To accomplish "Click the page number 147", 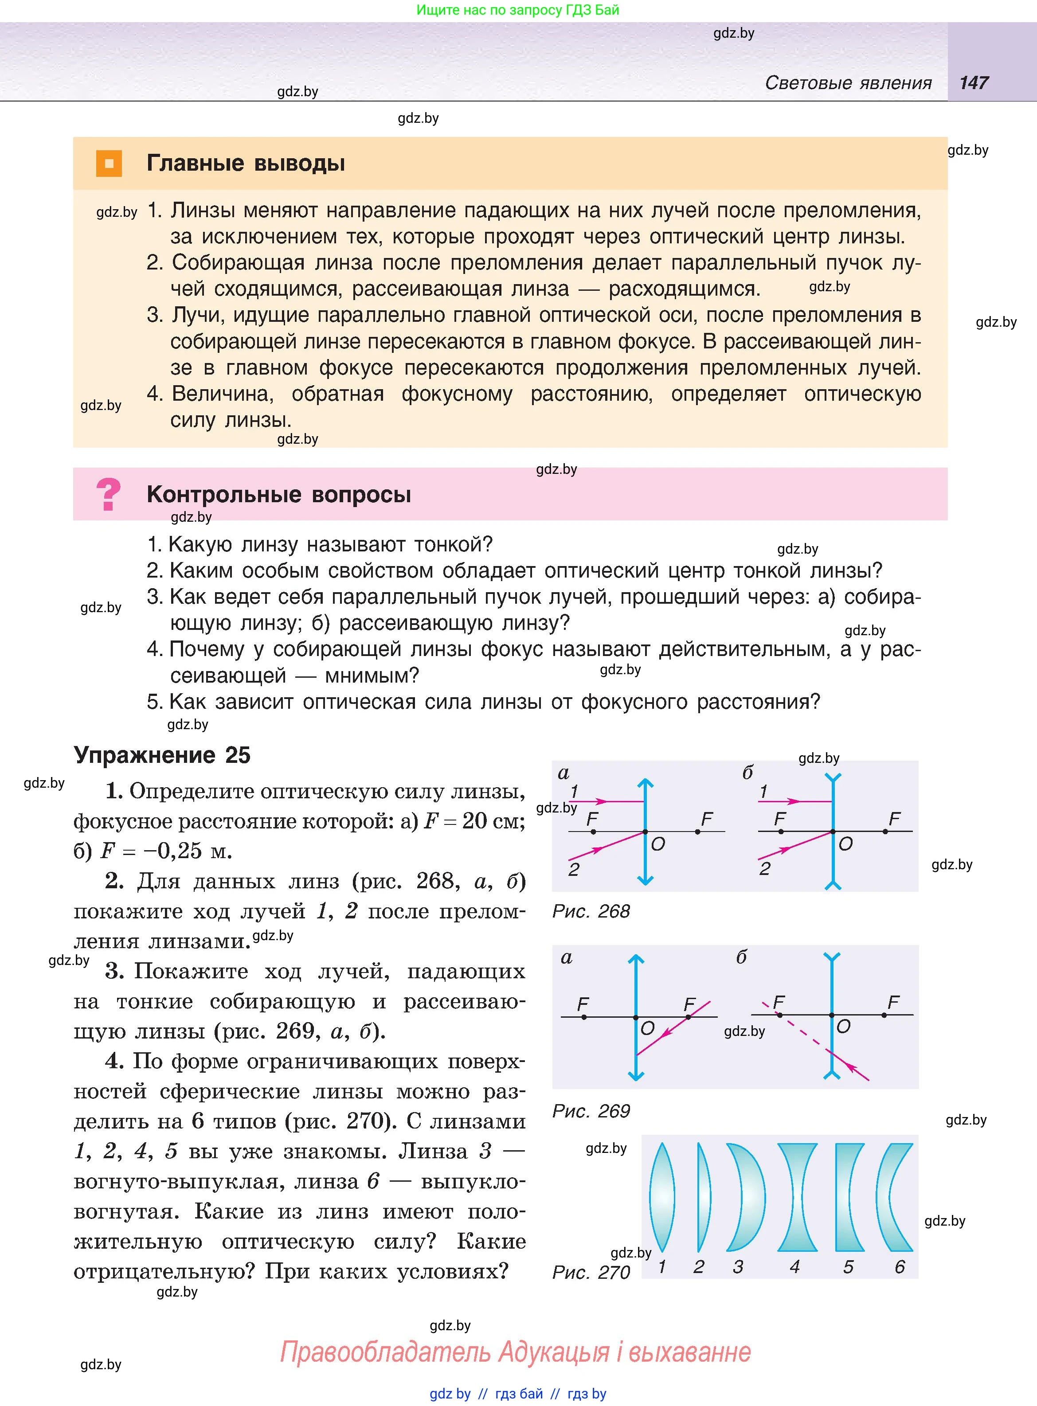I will pyautogui.click(x=974, y=83).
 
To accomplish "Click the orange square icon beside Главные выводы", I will pyautogui.click(x=109, y=164).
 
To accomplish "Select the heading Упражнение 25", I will pyautogui.click(x=162, y=755).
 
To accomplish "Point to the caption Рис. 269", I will pyautogui.click(x=591, y=1111).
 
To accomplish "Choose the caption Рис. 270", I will pyautogui.click(x=591, y=1273).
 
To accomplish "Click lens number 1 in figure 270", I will pyautogui.click(x=661, y=1197).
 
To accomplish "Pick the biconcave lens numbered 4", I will pyautogui.click(x=797, y=1197).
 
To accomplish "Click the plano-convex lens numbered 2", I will pyautogui.click(x=703, y=1197).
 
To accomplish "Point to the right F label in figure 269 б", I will pyautogui.click(x=893, y=1003).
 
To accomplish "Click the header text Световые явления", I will pyautogui.click(x=848, y=83).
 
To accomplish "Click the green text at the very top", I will pyautogui.click(x=518, y=10).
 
